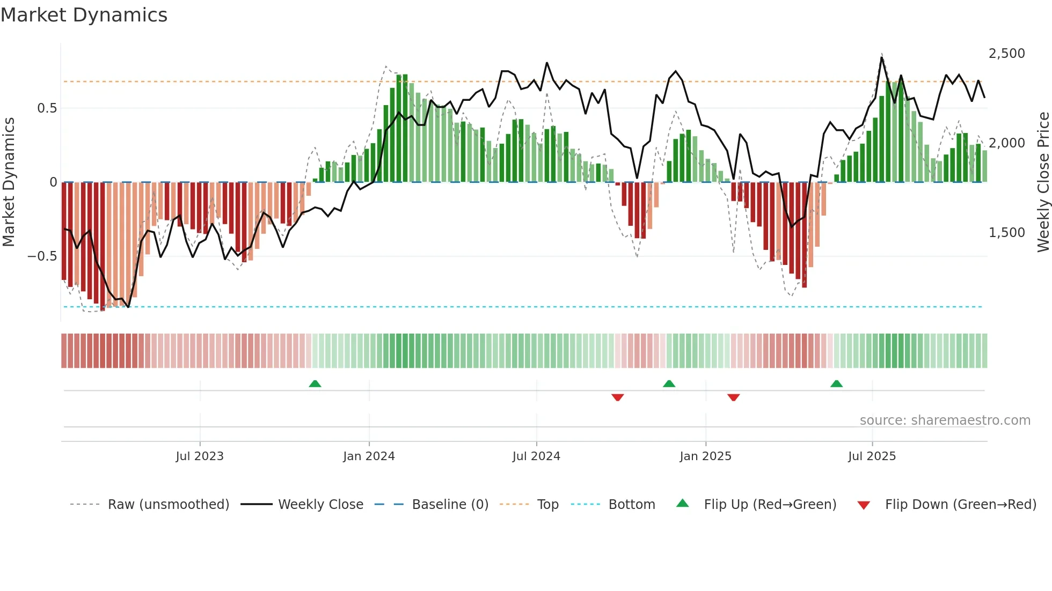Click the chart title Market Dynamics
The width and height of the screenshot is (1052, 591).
(x=84, y=15)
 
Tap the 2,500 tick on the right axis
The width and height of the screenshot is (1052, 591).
(x=1006, y=54)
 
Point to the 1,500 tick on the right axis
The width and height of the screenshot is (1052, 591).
(x=1006, y=233)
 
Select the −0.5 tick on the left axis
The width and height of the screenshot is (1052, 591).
(x=42, y=256)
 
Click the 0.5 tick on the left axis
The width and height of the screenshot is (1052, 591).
(x=47, y=108)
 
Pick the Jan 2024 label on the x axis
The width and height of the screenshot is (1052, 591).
(x=369, y=456)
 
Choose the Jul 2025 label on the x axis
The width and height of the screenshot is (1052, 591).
(x=872, y=456)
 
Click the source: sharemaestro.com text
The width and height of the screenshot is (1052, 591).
(x=945, y=420)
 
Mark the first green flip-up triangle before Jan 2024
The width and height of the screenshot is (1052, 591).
(x=315, y=384)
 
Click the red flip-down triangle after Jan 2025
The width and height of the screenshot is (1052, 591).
(x=734, y=397)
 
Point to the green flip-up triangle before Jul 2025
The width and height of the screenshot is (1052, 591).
(x=836, y=384)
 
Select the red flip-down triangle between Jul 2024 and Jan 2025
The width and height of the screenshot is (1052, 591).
(x=617, y=397)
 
